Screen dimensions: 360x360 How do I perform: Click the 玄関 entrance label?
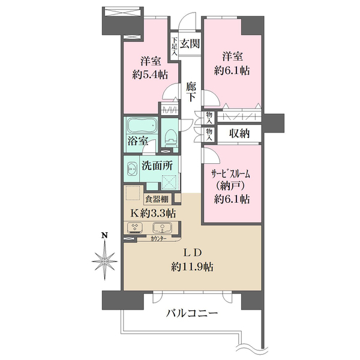point(190,44)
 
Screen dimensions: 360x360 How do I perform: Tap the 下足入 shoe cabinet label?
point(175,47)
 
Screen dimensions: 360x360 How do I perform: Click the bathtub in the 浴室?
point(141,125)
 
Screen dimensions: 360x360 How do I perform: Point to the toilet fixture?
point(170,137)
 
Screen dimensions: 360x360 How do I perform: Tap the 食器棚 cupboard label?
point(157,199)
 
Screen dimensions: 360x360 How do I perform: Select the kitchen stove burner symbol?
point(134,227)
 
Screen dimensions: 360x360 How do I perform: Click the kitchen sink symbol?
point(162,228)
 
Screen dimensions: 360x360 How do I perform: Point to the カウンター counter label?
point(158,239)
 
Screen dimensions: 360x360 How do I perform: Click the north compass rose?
point(104,261)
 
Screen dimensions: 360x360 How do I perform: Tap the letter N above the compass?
point(105,235)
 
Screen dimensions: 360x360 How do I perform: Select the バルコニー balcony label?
point(192,313)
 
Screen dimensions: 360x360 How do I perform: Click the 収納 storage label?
point(239,133)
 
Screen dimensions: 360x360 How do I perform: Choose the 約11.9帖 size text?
point(192,267)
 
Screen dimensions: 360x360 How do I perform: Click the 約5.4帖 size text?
point(150,75)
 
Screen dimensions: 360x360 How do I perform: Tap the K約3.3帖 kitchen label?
point(153,214)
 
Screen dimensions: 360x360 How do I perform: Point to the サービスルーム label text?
point(230,175)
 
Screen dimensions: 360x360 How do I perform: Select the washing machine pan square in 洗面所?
point(169,182)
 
